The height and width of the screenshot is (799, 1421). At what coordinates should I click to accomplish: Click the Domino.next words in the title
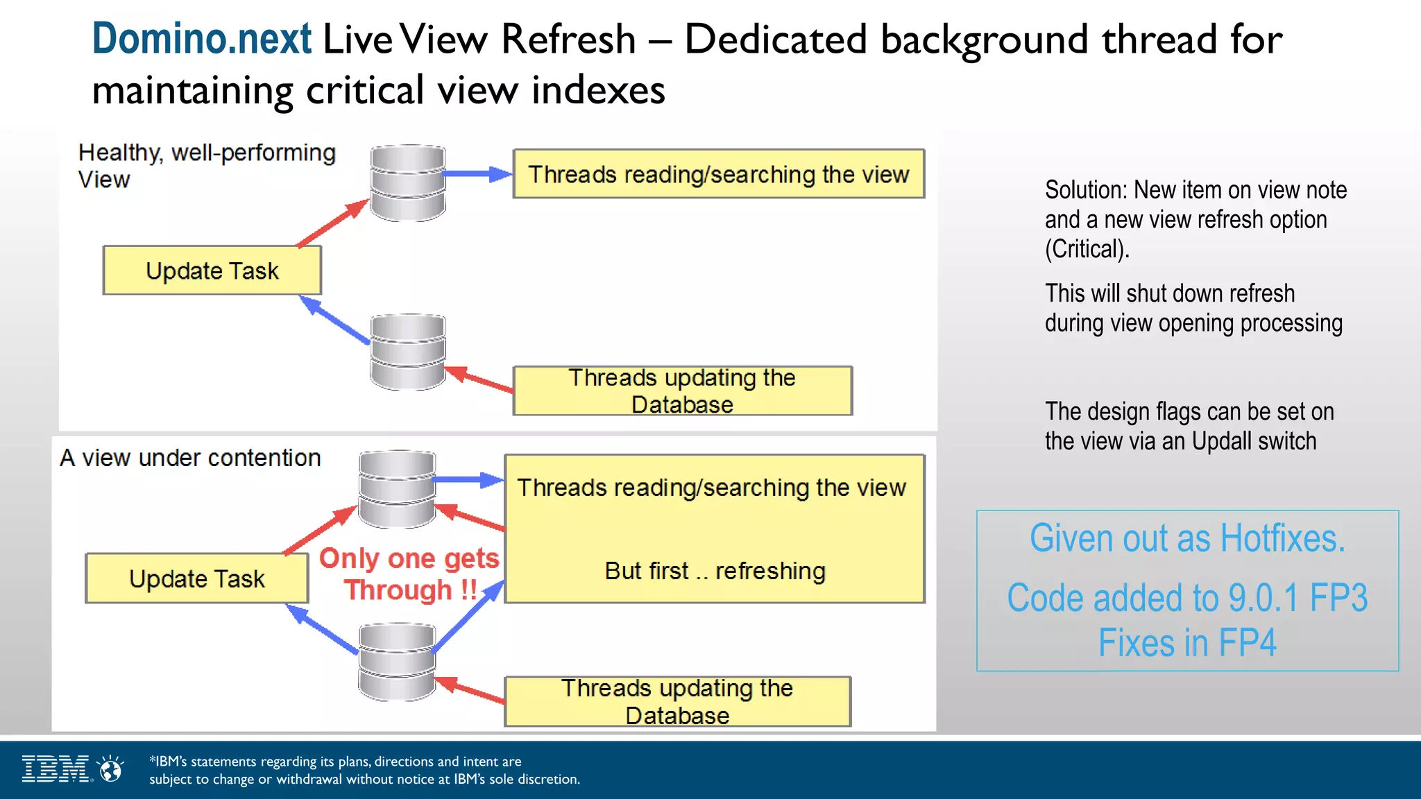(x=201, y=39)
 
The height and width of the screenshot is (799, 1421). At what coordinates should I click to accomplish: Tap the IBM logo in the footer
(x=56, y=768)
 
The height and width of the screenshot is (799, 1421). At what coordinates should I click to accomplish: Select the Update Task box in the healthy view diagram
(x=212, y=270)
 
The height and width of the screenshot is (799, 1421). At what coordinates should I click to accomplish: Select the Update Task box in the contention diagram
(x=196, y=578)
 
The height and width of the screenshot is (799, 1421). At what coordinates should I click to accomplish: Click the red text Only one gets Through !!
(x=409, y=574)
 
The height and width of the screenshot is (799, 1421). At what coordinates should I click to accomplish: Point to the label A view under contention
(x=190, y=458)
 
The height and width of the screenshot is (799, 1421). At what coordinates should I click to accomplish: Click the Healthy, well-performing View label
(x=206, y=165)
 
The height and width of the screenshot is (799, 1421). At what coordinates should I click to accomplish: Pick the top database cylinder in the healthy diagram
(x=407, y=183)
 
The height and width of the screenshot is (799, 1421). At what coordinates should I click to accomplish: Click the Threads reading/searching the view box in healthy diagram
(x=718, y=174)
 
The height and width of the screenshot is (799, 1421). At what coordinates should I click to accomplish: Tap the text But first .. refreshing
(x=715, y=571)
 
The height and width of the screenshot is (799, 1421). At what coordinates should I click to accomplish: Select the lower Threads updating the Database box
(x=677, y=701)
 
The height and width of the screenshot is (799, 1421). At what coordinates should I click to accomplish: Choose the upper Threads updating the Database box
(x=682, y=390)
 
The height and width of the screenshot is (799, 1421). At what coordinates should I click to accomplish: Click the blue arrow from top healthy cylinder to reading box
(x=477, y=174)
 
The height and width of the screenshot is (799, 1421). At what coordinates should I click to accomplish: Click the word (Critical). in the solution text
(x=1087, y=249)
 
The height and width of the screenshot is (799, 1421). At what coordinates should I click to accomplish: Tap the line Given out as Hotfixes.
(x=1187, y=538)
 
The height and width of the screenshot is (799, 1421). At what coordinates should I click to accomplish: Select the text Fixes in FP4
(x=1187, y=642)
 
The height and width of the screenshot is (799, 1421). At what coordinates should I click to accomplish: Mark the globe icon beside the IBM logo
(x=110, y=768)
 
